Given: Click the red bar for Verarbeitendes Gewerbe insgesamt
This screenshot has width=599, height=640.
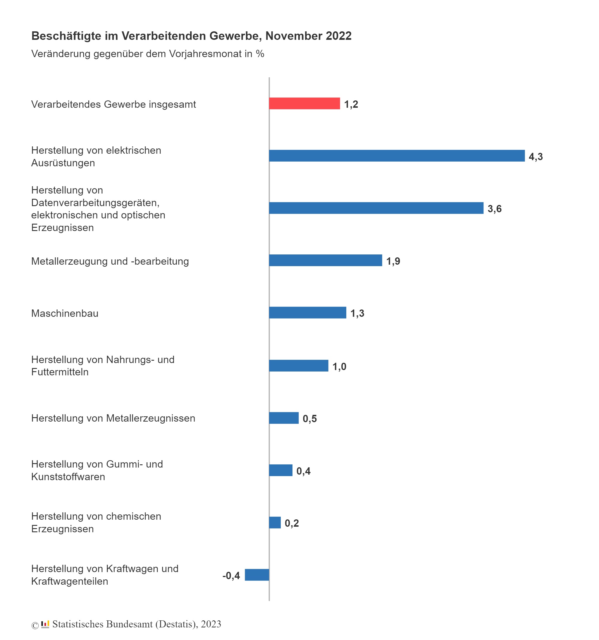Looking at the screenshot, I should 304,103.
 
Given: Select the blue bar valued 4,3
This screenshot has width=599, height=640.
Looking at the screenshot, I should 397,156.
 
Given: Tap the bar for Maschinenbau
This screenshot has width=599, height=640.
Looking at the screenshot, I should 307,313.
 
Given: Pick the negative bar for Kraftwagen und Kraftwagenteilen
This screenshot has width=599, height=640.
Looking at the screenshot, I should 257,575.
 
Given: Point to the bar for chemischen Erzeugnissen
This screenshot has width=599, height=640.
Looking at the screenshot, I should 275,523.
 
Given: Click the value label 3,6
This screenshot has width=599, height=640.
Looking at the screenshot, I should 495,209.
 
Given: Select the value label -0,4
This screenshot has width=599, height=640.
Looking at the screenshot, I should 231,576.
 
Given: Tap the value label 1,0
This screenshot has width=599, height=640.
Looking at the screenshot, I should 339,367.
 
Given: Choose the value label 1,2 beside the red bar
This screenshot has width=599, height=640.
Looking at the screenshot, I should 351,104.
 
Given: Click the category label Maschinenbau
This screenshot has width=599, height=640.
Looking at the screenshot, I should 65,313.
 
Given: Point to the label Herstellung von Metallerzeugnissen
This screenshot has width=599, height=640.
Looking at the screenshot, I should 113,418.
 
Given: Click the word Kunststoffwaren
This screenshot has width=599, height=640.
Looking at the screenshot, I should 68,477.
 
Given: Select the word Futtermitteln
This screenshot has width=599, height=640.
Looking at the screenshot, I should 60,372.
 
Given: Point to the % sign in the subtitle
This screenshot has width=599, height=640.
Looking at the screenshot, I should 260,54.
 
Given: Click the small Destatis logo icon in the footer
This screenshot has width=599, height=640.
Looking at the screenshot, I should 45,624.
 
